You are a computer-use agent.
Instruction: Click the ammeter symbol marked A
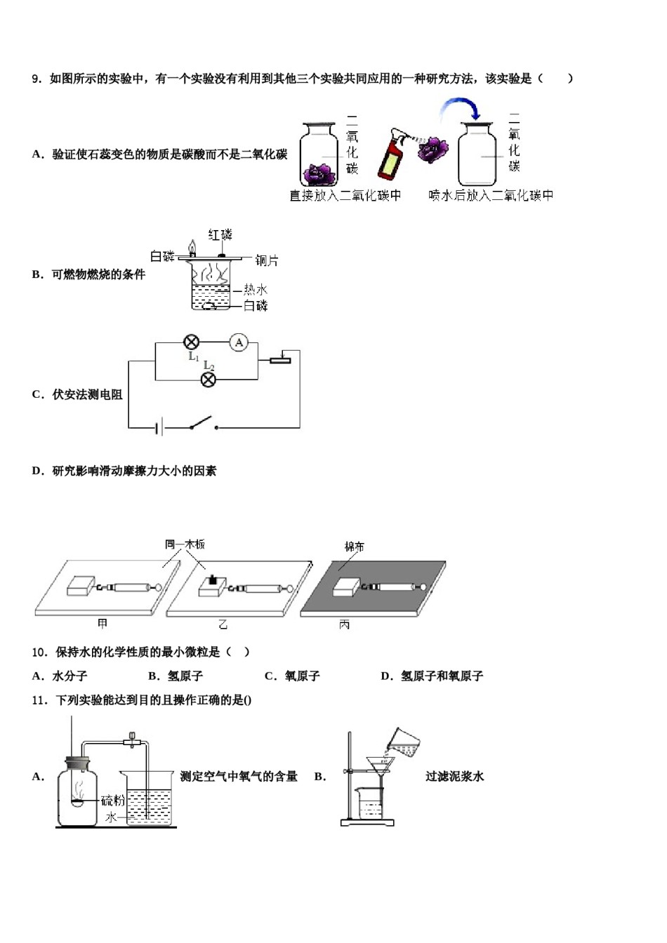[239, 342]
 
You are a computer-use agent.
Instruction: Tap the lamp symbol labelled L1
[191, 342]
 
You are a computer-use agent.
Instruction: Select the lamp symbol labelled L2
[209, 380]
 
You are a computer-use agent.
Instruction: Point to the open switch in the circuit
[202, 423]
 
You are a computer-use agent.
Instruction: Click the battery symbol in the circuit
[160, 427]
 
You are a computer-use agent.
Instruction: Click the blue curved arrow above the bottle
[459, 109]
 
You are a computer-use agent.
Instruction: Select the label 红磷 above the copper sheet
[220, 235]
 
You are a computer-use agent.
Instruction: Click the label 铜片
[267, 260]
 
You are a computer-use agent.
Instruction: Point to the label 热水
[256, 289]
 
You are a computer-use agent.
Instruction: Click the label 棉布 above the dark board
[355, 546]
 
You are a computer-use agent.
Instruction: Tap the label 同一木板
[185, 544]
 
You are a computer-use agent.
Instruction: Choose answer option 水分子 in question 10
[70, 676]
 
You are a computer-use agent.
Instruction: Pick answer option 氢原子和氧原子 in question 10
[442, 676]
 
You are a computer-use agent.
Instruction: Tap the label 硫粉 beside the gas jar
[112, 801]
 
